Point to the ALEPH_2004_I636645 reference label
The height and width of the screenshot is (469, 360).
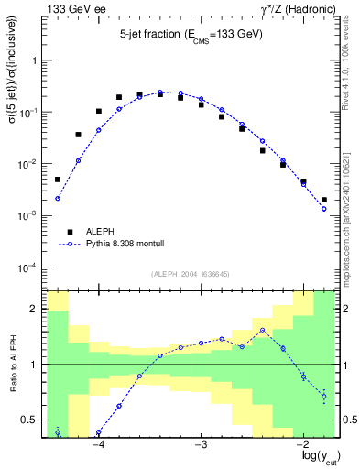190,274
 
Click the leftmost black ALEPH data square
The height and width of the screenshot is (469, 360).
57,180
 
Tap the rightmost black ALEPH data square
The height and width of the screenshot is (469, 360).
324,200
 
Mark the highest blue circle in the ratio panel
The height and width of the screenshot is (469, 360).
262,331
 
